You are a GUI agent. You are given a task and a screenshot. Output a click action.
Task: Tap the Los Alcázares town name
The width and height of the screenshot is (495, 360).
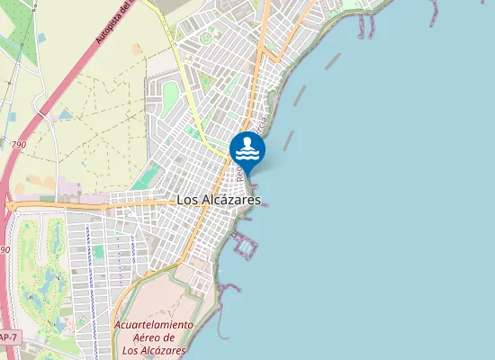pos(219,200)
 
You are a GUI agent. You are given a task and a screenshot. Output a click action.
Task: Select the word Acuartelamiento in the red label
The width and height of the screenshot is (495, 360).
pos(153,324)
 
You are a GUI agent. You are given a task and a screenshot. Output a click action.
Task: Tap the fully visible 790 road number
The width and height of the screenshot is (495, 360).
pos(18,144)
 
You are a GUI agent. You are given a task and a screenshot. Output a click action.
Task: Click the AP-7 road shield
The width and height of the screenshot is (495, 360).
pos(7,337)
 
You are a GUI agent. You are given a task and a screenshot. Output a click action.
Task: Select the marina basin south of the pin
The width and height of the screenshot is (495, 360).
pos(246,244)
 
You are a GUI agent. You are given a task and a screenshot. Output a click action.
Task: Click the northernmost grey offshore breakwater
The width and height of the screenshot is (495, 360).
pos(333,61)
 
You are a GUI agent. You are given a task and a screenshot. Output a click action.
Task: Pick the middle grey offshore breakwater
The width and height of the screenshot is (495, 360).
pos(300,95)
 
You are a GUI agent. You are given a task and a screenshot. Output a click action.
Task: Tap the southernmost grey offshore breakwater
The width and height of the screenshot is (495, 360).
pos(290,139)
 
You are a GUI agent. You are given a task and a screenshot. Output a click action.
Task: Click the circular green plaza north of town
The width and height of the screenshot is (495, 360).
pos(211,38)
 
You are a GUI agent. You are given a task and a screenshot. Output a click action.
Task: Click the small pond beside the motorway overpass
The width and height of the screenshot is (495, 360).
pos(64,115)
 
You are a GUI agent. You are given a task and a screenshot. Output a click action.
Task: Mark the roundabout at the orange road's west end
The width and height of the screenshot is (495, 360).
pos(10,206)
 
